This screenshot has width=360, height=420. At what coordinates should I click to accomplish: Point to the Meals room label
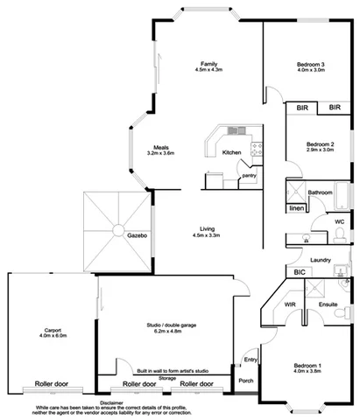coord(160,147)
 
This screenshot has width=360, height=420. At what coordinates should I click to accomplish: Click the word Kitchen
coord(231,152)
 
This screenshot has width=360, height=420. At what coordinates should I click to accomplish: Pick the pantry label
coord(250,176)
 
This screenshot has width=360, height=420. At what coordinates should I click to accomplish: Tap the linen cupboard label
coord(296,209)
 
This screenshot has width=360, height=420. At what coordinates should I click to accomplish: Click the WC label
coord(339,221)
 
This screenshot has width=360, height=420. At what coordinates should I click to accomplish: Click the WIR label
coord(289,304)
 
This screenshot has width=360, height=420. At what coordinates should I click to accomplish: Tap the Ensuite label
coord(328,304)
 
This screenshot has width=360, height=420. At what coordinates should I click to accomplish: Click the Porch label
coord(246,380)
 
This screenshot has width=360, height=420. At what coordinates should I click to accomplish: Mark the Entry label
coord(251,359)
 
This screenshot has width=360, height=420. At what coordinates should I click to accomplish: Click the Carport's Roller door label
coord(52,383)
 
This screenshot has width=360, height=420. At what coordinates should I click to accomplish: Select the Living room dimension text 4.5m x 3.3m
coord(207,234)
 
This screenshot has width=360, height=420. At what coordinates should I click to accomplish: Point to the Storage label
coord(166,377)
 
